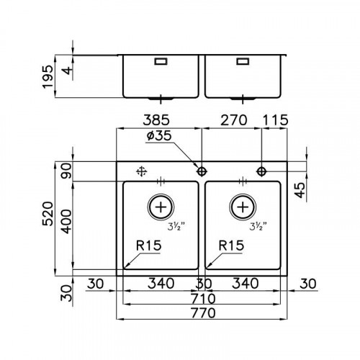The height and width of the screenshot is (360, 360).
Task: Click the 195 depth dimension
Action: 48,76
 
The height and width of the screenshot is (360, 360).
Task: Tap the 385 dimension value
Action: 156,120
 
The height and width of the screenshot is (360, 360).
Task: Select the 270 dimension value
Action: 233,120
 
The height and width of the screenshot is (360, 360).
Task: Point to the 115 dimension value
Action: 275,120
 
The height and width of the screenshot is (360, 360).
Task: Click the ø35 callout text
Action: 159,135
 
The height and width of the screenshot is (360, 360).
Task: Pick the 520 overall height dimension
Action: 48,214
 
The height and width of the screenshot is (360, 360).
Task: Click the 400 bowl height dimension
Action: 66,222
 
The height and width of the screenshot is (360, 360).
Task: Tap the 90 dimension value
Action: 66,171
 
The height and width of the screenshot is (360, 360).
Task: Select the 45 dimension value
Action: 300,190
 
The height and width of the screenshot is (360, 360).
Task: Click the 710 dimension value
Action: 203,299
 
